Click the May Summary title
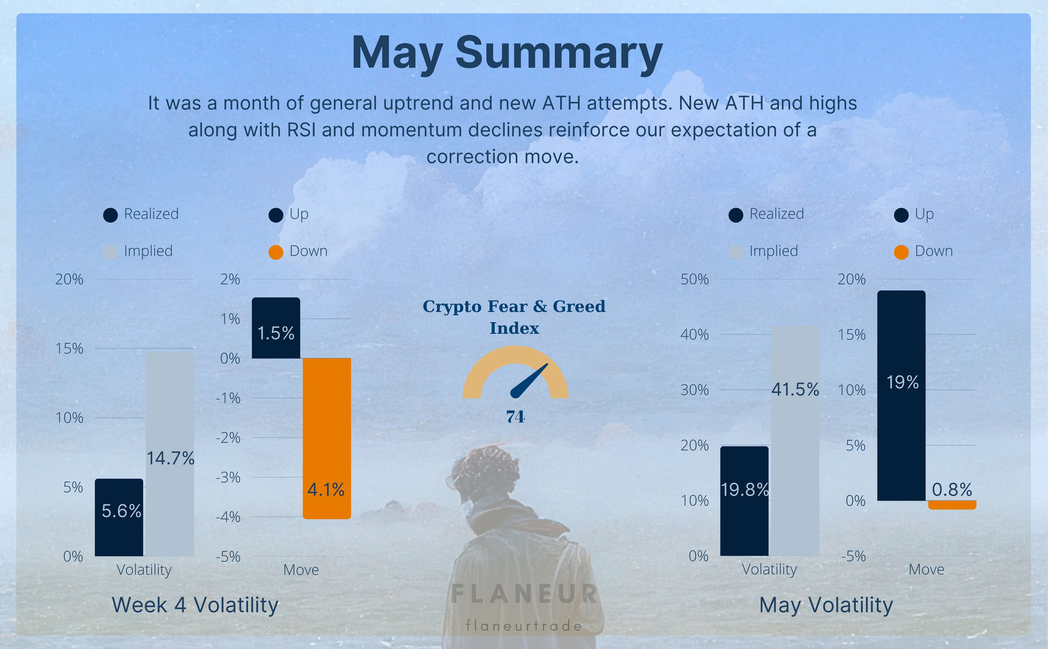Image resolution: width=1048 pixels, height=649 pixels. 507,53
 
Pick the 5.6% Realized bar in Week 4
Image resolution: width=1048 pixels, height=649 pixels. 119,517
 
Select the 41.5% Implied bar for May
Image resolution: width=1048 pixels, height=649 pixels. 795,441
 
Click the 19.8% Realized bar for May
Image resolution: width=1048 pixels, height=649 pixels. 744,501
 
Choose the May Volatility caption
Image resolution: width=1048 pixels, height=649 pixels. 826,605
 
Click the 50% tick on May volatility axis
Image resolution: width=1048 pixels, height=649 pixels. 694,279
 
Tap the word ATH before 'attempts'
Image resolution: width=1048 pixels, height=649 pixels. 561,103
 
